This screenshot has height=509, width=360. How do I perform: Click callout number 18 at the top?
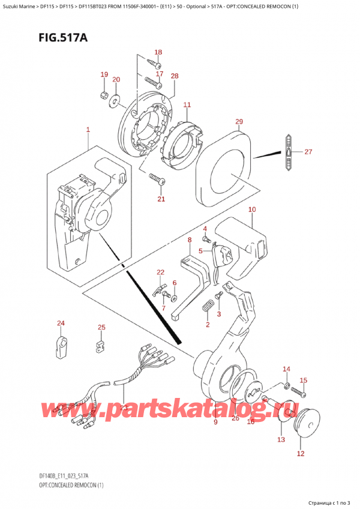tap(158, 52)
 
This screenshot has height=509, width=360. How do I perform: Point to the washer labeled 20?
tap(115, 102)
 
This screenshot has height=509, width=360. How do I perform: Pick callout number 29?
tap(239, 122)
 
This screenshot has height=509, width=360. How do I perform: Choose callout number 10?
tap(251, 209)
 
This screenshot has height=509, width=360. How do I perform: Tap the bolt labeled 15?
tap(298, 393)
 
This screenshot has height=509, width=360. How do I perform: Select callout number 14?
tap(286, 369)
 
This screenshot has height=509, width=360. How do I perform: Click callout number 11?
tap(187, 105)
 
